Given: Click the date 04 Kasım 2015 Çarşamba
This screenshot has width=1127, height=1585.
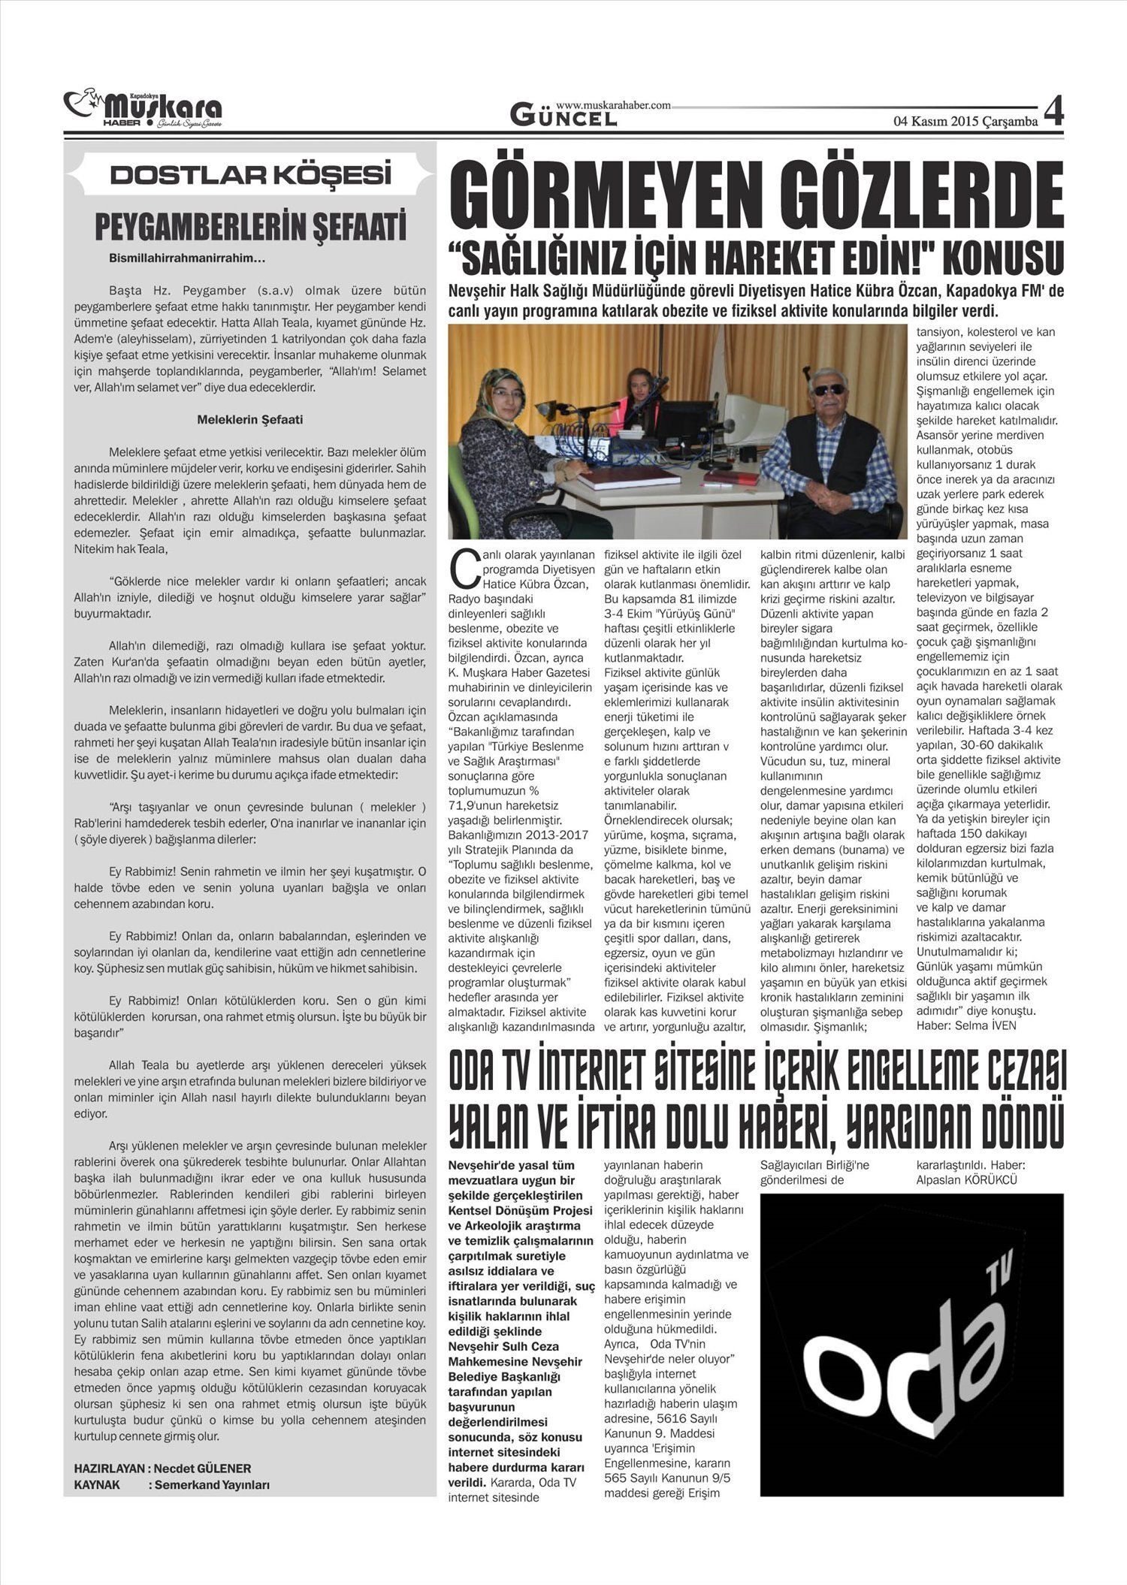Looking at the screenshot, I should [965, 121].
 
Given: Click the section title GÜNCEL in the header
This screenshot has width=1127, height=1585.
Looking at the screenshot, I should [563, 116].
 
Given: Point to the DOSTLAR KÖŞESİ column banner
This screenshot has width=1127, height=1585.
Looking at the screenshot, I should [250, 175].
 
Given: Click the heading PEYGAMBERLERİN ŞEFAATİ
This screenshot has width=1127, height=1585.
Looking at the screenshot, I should [250, 226].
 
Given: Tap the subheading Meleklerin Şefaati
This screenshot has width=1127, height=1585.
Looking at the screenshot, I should [250, 420].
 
